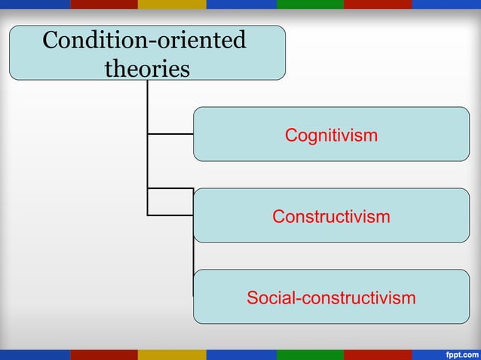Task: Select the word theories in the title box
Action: (x=147, y=69)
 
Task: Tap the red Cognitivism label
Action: (x=331, y=136)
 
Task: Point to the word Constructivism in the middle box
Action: (x=331, y=217)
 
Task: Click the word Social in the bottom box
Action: (x=271, y=298)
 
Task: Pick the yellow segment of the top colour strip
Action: (x=172, y=4)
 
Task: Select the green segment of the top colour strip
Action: (x=309, y=4)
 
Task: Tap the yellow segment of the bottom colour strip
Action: (x=172, y=354)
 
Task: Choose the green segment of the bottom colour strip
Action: (x=309, y=354)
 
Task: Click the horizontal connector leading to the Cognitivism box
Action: (x=170, y=134)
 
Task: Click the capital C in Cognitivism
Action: (x=290, y=136)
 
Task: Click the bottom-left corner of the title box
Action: (x=11, y=78)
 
